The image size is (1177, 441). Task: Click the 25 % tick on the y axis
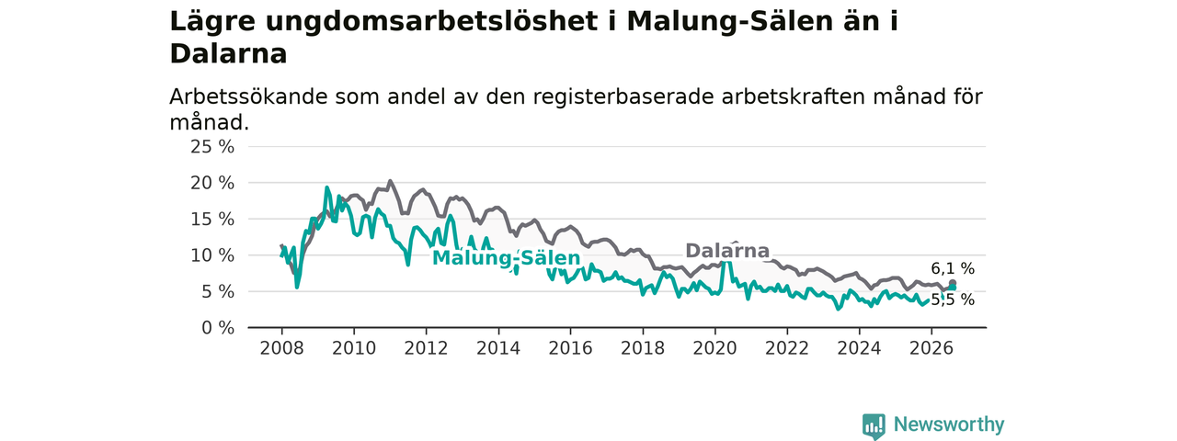coord(212,147)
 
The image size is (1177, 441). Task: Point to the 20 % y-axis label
coord(212,183)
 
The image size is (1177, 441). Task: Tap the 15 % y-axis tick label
coord(212,220)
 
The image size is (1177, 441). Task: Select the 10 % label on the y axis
coord(212,255)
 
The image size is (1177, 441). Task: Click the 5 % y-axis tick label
coord(218,292)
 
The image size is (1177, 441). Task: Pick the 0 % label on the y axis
coord(218,328)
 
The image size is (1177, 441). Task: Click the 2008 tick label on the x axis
coord(281,348)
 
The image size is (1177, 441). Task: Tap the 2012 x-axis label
coord(426,348)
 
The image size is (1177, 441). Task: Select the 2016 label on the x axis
coord(571,348)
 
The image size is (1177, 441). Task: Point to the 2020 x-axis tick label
coord(714,348)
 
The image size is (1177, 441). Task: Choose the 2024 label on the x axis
coord(859,348)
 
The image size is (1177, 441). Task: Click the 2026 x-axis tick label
coord(931,348)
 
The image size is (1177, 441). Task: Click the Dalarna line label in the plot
coord(727,251)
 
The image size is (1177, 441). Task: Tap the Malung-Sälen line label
coord(506,258)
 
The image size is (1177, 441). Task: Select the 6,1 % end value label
coord(953,269)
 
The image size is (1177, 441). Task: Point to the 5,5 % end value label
coord(953,300)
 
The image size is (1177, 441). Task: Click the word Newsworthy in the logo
coord(949,424)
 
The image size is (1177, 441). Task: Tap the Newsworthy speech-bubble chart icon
coord(874,426)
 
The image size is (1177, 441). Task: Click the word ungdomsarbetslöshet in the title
coord(432,21)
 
